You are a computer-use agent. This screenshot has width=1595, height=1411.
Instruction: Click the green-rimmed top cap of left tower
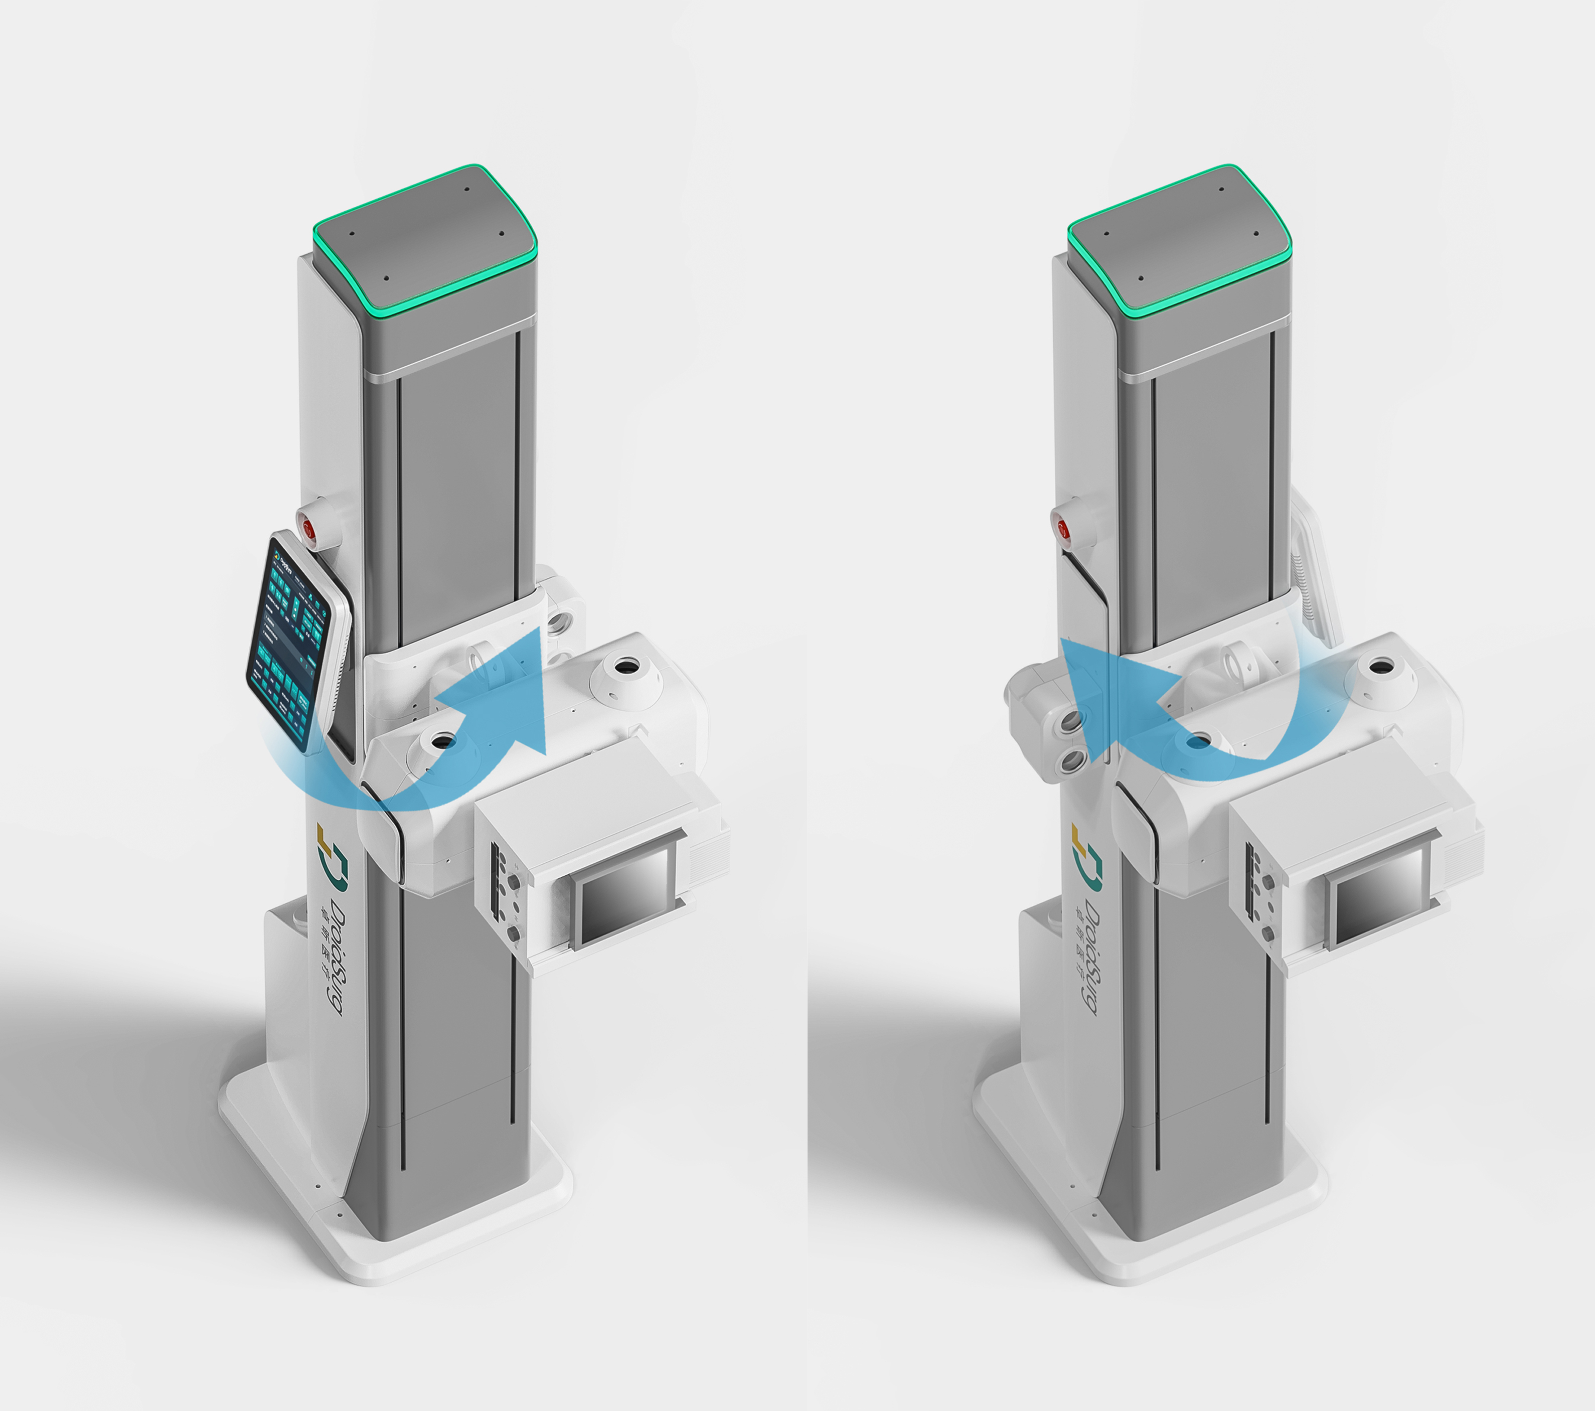tap(425, 234)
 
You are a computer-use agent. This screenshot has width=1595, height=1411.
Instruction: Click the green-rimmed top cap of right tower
tap(1180, 234)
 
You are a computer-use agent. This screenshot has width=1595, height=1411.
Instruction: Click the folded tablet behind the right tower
tap(1314, 570)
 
